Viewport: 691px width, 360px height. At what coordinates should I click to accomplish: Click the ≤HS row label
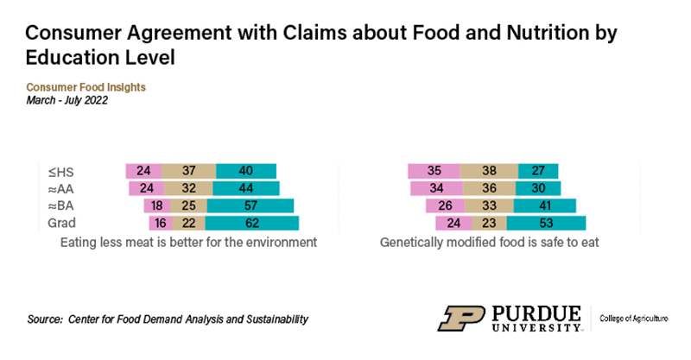click(62, 171)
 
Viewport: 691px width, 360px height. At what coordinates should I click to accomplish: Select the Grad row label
click(63, 224)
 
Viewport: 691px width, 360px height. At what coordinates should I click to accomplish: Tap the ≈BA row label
click(62, 205)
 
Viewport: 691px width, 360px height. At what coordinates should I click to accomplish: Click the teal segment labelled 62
click(250, 224)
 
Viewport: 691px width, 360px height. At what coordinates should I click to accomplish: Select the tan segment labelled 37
click(188, 171)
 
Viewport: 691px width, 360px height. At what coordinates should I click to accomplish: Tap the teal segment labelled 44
click(245, 188)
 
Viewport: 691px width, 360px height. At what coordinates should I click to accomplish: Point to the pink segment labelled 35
click(434, 171)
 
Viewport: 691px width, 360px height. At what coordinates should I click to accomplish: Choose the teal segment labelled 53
click(545, 224)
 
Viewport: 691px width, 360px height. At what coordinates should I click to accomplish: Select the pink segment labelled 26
click(444, 205)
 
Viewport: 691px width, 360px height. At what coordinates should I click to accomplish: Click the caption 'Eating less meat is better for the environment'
click(189, 243)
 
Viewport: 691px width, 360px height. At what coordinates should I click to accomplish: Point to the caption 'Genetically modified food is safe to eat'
click(490, 243)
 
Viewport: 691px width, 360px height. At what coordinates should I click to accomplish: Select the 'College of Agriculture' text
click(634, 319)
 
